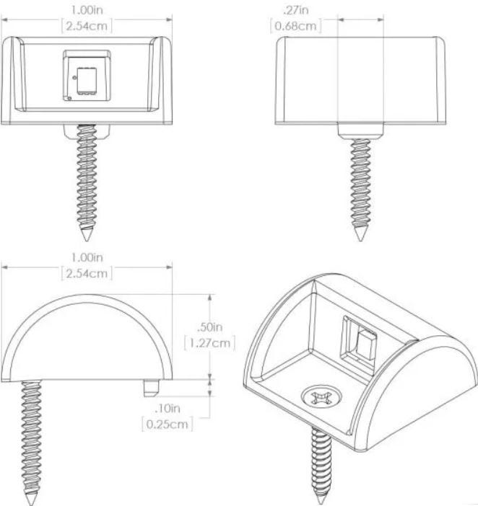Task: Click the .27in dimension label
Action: coord(296,10)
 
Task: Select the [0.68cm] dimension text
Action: coord(296,26)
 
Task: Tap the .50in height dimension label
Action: coord(209,327)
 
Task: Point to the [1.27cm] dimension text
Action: coord(209,342)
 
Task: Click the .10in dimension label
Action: coord(167,409)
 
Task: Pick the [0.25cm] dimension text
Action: coord(167,424)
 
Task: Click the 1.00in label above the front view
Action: coord(87,10)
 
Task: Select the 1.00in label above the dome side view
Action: coord(87,258)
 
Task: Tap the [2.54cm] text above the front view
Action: coord(87,26)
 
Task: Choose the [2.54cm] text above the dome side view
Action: coord(87,274)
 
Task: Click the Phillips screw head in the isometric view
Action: coord(321,396)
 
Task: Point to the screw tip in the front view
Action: coord(87,240)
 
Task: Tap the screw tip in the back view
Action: coord(360,240)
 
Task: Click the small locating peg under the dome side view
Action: coord(151,389)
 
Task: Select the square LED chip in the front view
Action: coord(87,81)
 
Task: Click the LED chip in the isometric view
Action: coord(365,345)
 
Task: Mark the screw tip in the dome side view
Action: coord(31,505)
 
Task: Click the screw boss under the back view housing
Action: coord(361,132)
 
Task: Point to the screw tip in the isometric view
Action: coord(321,504)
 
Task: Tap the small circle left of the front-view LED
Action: coord(74,77)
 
